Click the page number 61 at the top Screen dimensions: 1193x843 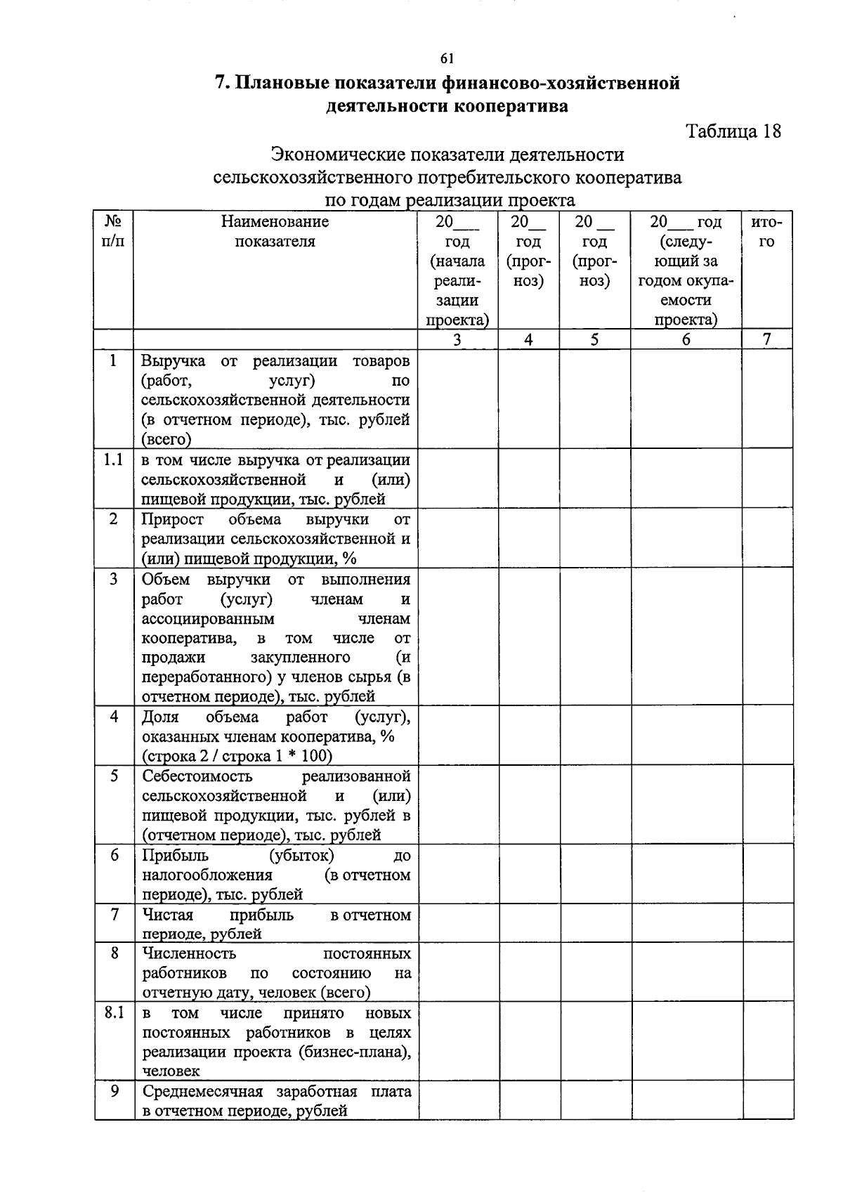(447, 59)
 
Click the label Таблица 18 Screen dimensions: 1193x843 (733, 131)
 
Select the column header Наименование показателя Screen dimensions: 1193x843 (275, 232)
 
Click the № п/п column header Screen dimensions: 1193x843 (113, 232)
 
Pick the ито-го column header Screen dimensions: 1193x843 (766, 232)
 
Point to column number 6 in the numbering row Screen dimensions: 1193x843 (686, 339)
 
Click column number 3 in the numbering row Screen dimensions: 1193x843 (457, 339)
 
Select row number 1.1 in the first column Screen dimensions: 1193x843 (113, 460)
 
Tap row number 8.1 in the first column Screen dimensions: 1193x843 (113, 1013)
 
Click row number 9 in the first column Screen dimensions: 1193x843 (113, 1092)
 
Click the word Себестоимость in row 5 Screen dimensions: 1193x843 (197, 776)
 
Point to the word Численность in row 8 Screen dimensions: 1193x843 (189, 954)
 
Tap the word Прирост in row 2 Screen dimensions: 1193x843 (173, 519)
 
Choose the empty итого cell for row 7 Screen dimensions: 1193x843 (767, 923)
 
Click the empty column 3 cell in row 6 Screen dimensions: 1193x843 (458, 873)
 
